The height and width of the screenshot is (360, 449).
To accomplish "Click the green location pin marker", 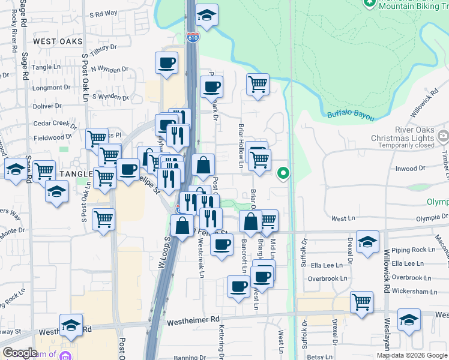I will tap(284, 174).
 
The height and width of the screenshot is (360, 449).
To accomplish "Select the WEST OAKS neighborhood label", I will tap(58, 41).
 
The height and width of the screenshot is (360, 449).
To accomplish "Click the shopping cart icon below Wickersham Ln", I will tap(362, 302).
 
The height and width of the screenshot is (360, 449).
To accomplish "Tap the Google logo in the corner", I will tap(20, 353).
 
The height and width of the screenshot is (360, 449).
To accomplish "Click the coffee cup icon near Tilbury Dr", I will tap(166, 63).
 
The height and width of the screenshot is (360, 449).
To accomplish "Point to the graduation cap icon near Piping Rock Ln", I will tap(367, 242).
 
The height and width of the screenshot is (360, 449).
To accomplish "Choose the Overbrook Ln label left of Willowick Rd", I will tap(328, 278).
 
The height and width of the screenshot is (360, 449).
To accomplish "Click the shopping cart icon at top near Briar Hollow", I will tap(258, 85).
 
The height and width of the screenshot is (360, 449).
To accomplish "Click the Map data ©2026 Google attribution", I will tap(412, 355).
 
